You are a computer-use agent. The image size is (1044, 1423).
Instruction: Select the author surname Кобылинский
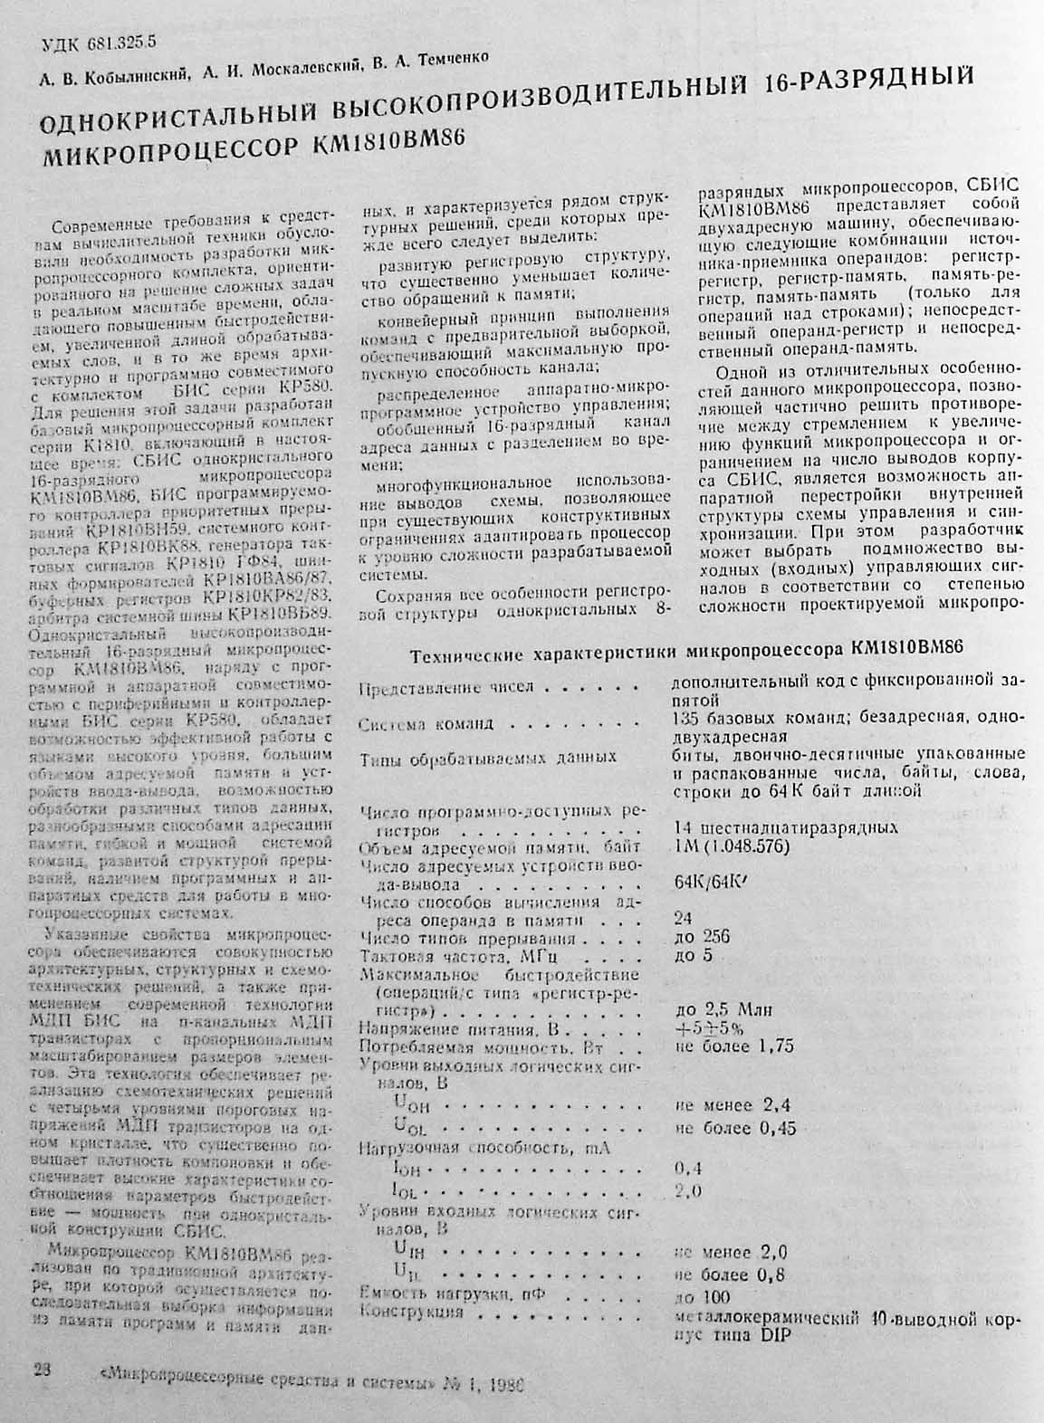click(x=135, y=77)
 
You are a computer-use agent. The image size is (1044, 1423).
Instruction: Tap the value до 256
click(x=703, y=937)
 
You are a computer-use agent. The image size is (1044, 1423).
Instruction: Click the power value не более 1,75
click(x=734, y=1046)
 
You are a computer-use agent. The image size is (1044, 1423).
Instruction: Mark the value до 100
click(x=704, y=1295)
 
